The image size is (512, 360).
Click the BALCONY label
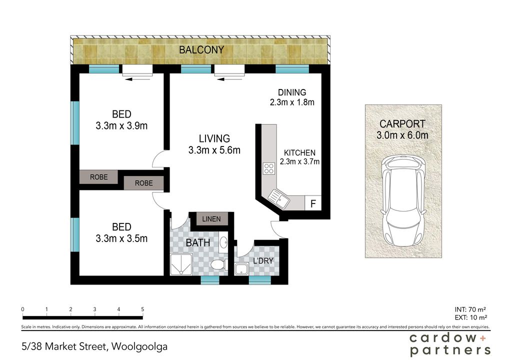[x=201, y=50]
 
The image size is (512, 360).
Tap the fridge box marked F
[x=313, y=203]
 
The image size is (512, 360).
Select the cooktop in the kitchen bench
[x=269, y=168]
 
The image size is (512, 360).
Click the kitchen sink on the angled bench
[x=279, y=199]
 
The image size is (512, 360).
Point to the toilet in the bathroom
[x=219, y=264]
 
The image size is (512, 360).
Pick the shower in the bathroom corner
[x=181, y=265]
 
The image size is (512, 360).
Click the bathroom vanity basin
[x=223, y=242]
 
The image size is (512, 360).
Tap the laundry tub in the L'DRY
[x=241, y=269]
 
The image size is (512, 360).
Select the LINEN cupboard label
[x=211, y=219]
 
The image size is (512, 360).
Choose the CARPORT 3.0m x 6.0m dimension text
[x=402, y=129]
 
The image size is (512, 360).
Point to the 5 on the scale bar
[x=142, y=309]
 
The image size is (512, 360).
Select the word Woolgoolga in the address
[x=139, y=346]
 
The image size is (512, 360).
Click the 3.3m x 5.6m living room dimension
[x=214, y=150]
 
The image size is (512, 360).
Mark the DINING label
[x=292, y=92]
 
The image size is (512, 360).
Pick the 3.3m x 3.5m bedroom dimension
[x=121, y=238]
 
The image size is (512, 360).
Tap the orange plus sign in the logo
[x=483, y=338]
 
